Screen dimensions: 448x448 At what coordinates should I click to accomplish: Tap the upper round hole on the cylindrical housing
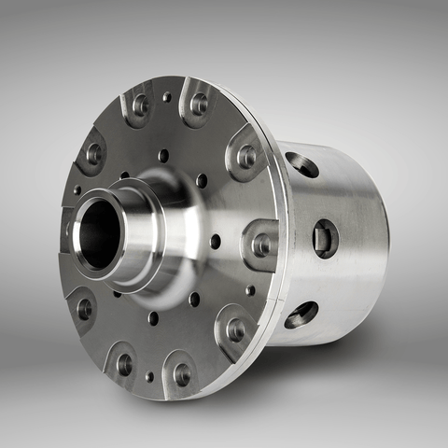coord(302,165)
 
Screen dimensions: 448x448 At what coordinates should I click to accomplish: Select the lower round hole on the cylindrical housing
coord(301,315)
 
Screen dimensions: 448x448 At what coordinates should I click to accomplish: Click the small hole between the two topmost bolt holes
coord(167,96)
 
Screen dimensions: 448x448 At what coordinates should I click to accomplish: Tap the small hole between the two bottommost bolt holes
coord(148,377)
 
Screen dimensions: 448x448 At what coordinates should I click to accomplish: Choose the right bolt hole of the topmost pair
coord(199,102)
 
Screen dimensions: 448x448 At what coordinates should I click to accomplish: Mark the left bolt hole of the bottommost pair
coord(124,364)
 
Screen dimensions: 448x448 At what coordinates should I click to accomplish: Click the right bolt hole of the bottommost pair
coord(182,374)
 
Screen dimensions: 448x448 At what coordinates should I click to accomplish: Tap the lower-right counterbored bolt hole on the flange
coord(236,329)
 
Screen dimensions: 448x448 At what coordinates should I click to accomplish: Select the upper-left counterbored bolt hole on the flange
coord(93,153)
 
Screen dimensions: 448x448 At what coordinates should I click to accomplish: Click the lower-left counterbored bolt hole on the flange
coord(84,308)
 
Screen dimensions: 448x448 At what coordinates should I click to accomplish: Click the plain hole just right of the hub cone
coord(216,241)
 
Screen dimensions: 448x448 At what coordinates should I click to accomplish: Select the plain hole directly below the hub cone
coord(153,318)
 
